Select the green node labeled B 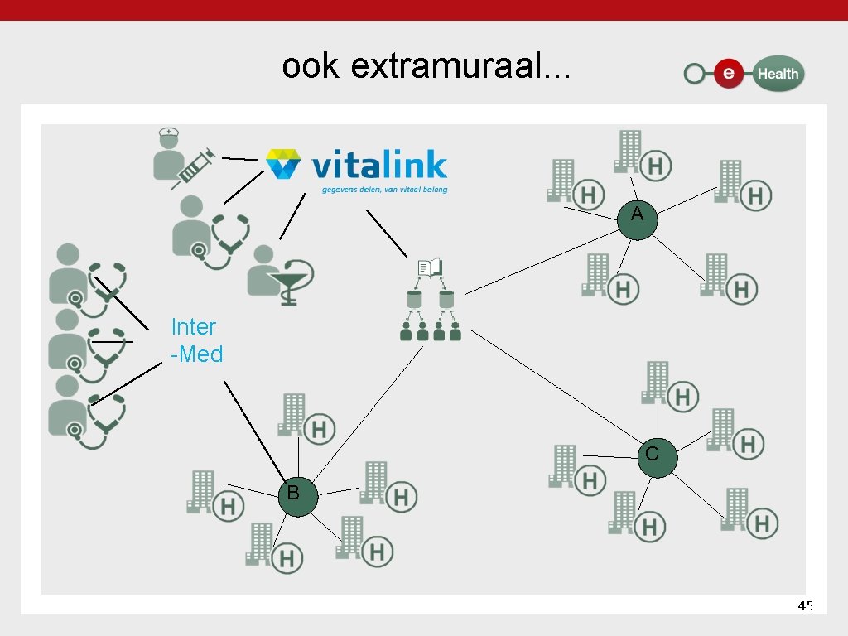298,496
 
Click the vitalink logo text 378,166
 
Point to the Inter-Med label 196,340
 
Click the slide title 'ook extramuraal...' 426,66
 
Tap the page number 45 805,606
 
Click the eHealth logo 744,74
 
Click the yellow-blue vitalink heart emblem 283,164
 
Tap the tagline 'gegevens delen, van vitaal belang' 384,190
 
